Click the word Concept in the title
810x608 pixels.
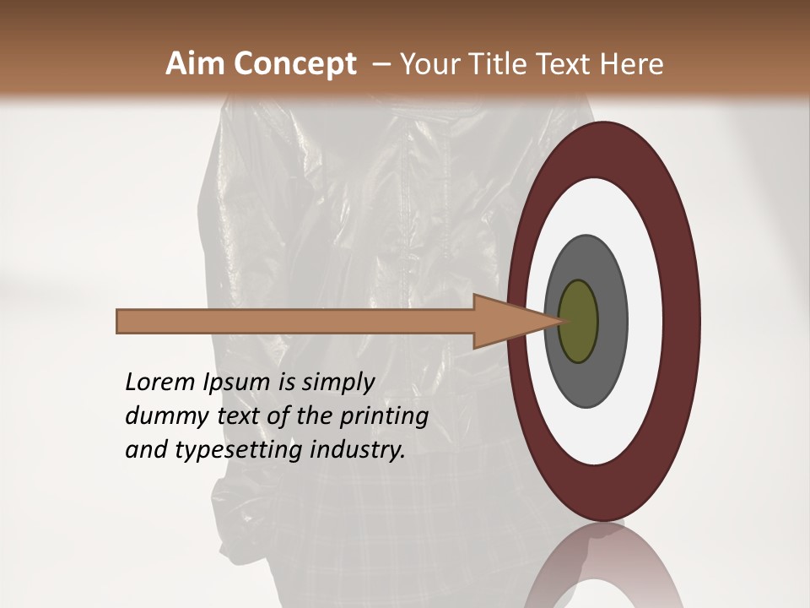click(294, 64)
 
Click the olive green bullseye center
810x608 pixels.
click(578, 322)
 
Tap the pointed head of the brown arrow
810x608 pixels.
click(540, 322)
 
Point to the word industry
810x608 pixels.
click(358, 451)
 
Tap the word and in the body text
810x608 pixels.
click(146, 450)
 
